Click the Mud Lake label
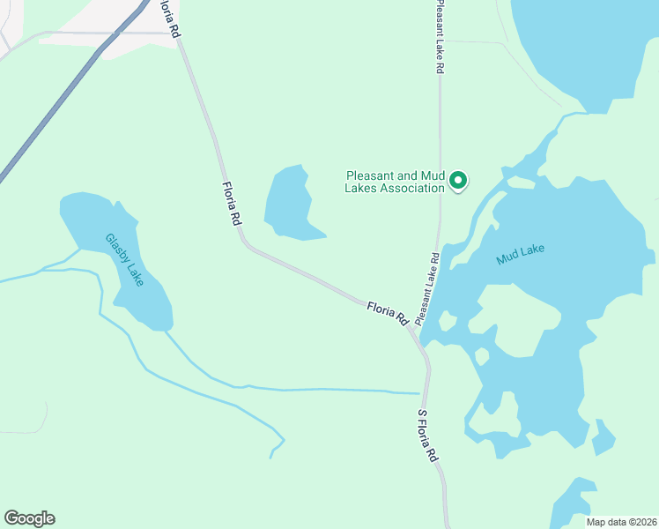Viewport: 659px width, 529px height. tap(520, 254)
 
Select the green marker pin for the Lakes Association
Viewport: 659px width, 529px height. tap(458, 182)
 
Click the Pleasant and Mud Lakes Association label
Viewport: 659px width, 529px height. tap(395, 182)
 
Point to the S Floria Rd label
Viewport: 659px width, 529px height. tap(427, 436)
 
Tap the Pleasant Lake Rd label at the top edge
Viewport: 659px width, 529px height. tap(438, 37)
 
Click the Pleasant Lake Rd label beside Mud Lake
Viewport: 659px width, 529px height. tap(427, 287)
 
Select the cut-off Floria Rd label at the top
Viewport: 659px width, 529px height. tap(170, 18)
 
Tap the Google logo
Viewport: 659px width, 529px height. tap(29, 518)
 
